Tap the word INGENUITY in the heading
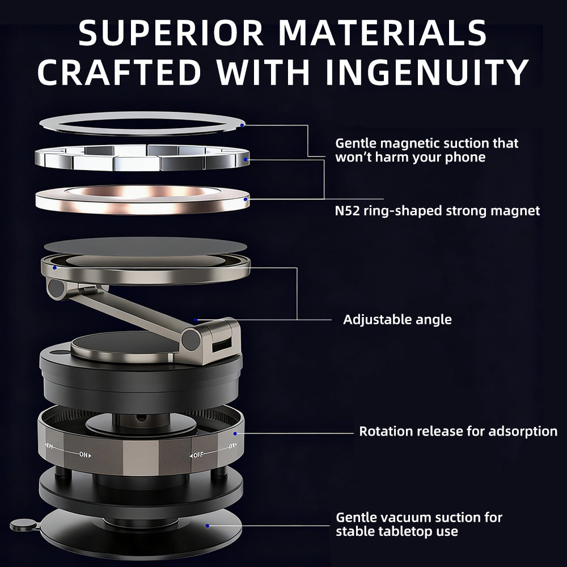[427, 71]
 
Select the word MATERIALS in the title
[383, 33]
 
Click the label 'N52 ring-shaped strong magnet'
[437, 211]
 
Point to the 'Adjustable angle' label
[397, 320]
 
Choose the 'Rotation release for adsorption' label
[458, 431]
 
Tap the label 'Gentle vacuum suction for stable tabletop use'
[419, 524]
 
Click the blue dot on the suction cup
[207, 526]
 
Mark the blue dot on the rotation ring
[235, 433]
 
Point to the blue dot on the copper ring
[246, 199]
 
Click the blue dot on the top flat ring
[242, 125]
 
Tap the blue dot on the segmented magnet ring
[246, 159]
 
